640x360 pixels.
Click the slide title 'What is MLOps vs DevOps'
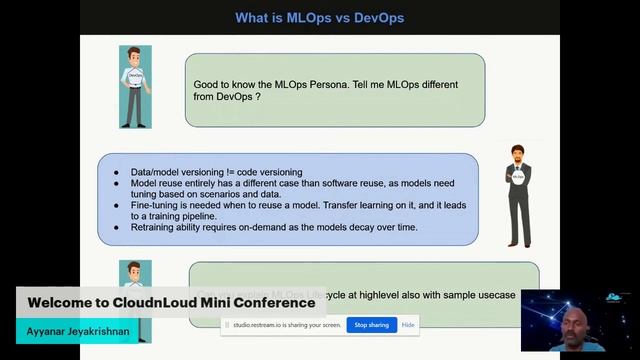tap(319, 17)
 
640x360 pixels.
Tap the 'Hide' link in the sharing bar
tap(408, 325)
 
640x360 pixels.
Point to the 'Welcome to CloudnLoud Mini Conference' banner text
tap(171, 302)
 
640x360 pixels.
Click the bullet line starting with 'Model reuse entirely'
tap(290, 183)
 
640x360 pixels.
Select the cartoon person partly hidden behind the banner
tap(133, 275)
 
